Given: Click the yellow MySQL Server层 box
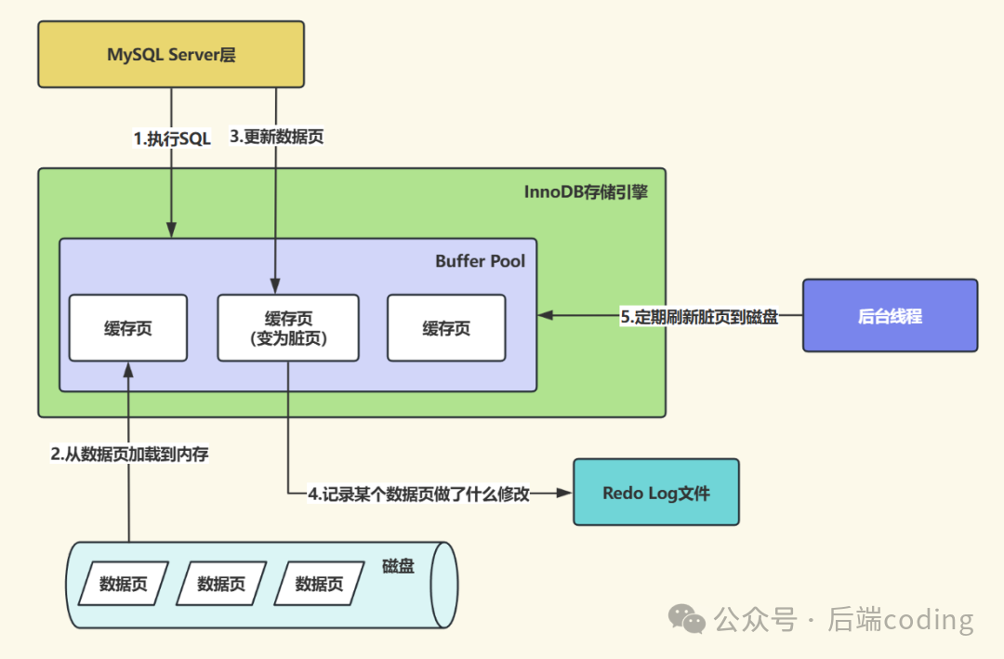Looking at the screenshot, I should (171, 55).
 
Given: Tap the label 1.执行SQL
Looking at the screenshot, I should (172, 138).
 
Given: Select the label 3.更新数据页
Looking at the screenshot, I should (276, 137).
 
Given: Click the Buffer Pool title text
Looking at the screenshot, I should (480, 261).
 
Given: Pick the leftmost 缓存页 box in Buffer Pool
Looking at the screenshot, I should (128, 328).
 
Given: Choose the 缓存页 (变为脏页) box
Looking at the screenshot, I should (288, 328).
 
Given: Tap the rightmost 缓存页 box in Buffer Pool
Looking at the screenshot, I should (446, 328).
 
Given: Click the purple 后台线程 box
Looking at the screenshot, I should (890, 316).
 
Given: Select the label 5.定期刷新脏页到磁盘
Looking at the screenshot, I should (699, 316).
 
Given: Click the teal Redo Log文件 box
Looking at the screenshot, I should (655, 493).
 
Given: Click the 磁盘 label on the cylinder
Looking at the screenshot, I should (398, 565).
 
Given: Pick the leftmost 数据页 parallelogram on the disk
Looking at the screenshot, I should (123, 584).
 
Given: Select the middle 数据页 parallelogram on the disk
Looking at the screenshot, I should (221, 584).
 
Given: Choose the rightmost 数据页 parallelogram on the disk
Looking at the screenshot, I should (319, 584).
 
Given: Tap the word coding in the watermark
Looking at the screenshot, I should (927, 619).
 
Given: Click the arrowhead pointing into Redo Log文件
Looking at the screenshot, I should (563, 494).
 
